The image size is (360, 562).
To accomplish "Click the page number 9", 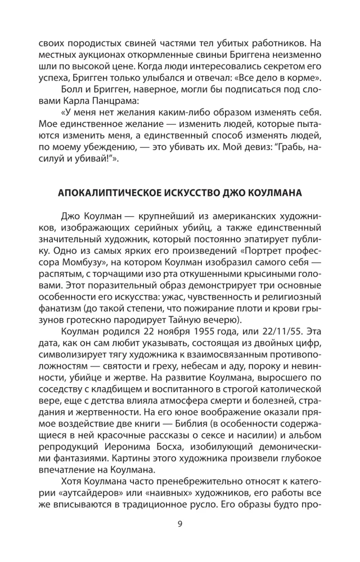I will coord(179,525).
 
